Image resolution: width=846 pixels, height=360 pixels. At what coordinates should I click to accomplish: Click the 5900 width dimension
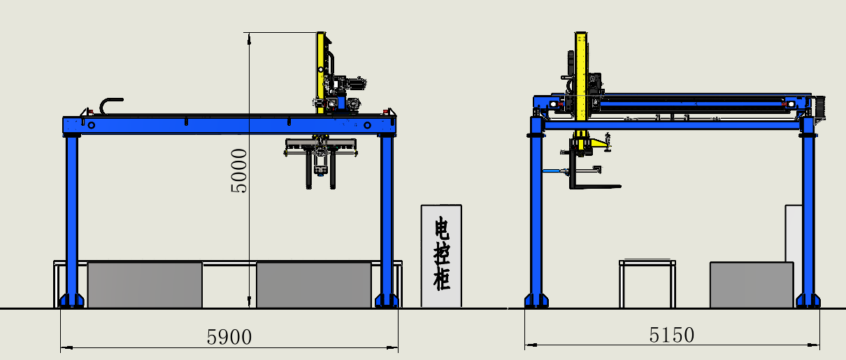pos(229,337)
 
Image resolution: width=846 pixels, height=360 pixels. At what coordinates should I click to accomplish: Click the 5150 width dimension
pos(671,335)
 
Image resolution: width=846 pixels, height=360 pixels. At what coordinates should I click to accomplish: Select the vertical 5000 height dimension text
pos(239,171)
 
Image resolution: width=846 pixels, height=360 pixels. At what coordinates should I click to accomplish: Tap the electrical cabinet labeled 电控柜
pos(441,256)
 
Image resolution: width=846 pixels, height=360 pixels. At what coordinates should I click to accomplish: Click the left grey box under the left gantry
pos(145,285)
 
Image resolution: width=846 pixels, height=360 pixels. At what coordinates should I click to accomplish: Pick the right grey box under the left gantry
pos(314,285)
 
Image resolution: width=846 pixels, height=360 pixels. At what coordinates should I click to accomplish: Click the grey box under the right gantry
pos(752,285)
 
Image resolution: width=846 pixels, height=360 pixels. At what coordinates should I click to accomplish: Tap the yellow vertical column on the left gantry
pos(321,73)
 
